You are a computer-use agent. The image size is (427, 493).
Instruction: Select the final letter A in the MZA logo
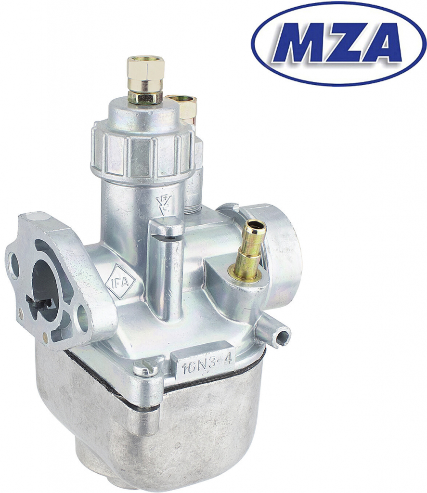click(x=379, y=43)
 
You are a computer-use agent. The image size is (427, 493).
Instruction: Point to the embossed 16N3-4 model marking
click(x=207, y=365)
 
